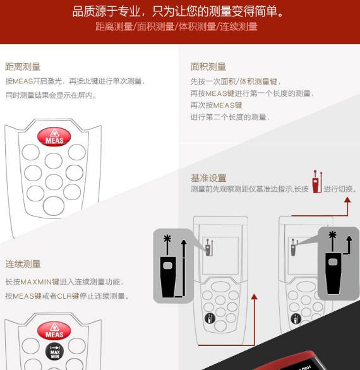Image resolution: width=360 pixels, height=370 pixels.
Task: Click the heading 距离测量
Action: pyautogui.click(x=23, y=67)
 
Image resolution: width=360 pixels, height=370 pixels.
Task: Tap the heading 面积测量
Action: pyautogui.click(x=208, y=67)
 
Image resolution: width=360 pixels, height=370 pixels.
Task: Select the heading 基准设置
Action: pyautogui.click(x=208, y=178)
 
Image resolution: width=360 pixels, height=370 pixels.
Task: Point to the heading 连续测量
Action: pyautogui.click(x=23, y=264)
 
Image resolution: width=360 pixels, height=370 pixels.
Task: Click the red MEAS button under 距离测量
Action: pyautogui.click(x=54, y=136)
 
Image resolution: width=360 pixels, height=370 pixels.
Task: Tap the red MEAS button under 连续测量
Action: pyautogui.click(x=54, y=331)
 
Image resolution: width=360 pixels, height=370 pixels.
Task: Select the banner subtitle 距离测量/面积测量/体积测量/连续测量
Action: pyautogui.click(x=176, y=27)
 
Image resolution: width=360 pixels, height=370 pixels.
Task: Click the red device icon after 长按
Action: pyautogui.click(x=317, y=182)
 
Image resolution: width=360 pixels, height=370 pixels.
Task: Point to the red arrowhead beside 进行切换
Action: pyautogui.click(x=347, y=200)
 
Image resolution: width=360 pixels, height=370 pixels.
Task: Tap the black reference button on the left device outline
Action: pyautogui.click(x=210, y=318)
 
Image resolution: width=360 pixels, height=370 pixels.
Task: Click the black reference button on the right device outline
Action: pyautogui.click(x=296, y=319)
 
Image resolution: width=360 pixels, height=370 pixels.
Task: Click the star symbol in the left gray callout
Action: pyautogui.click(x=167, y=239)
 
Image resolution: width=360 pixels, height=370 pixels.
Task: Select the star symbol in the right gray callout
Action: pyautogui.click(x=332, y=235)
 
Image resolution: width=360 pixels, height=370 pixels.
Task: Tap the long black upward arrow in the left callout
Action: pyautogui.click(x=184, y=268)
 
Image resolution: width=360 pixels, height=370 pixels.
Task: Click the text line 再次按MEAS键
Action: pyautogui.click(x=216, y=105)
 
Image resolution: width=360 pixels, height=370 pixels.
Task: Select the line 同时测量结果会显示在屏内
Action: pyautogui.click(x=51, y=95)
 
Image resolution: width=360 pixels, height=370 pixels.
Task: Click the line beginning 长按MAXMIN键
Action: pyautogui.click(x=64, y=282)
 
